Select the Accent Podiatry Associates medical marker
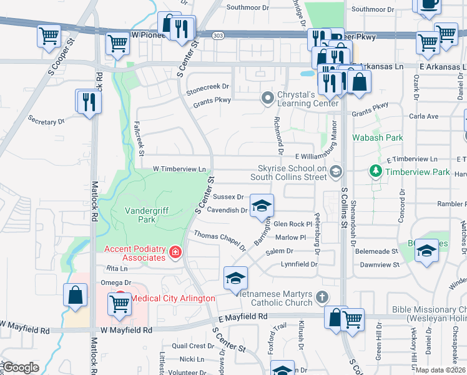pyautogui.click(x=175, y=252)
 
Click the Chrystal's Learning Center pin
pyautogui.click(x=268, y=98)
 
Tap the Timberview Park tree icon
pyautogui.click(x=375, y=171)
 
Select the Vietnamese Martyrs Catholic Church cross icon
pyautogui.click(x=322, y=297)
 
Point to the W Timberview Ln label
pyautogui.click(x=179, y=169)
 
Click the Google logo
pyautogui.click(x=21, y=367)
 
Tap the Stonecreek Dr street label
pyautogui.click(x=207, y=87)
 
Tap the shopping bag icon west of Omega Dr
pyautogui.click(x=75, y=295)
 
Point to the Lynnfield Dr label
pyautogui.click(x=299, y=264)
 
